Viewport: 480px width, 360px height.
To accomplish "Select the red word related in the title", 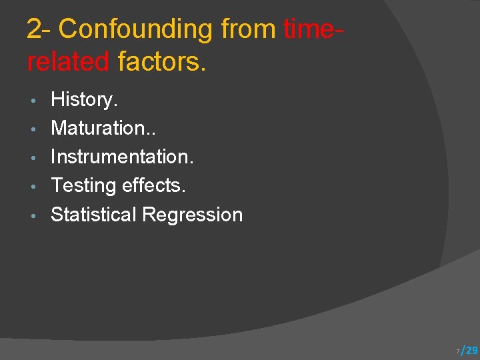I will [x=68, y=61].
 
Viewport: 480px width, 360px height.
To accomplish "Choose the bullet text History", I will [x=84, y=100].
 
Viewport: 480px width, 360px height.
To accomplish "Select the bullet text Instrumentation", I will [x=122, y=157].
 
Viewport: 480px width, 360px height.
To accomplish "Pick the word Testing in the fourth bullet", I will [x=82, y=186].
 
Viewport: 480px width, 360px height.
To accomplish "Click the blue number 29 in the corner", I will [x=471, y=350].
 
